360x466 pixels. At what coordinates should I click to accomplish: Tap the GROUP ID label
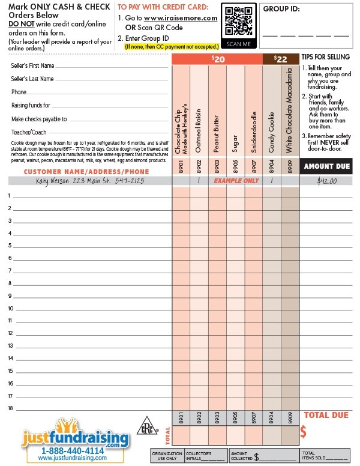point(281,9)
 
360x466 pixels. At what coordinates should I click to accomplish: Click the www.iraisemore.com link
point(181,18)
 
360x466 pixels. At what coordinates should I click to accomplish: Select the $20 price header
point(217,59)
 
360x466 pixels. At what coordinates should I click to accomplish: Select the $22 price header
point(280,59)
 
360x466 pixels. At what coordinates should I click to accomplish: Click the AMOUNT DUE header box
point(326,166)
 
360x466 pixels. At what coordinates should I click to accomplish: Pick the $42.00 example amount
point(326,180)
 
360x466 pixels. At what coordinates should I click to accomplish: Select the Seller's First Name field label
point(33,65)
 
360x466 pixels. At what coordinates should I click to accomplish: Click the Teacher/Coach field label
point(29,132)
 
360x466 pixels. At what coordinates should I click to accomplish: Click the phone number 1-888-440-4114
point(73,450)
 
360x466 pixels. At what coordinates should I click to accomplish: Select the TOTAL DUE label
point(326,415)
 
